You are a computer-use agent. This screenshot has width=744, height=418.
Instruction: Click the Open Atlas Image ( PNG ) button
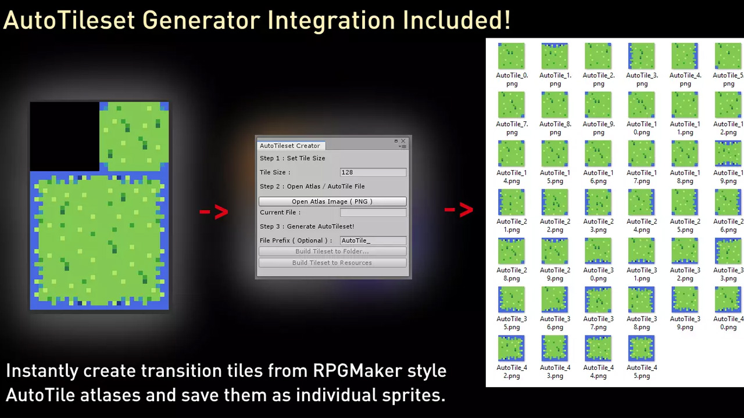pos(332,201)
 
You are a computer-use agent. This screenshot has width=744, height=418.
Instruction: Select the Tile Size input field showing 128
pos(373,172)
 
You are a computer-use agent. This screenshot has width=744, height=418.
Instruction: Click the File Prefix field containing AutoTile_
pos(373,240)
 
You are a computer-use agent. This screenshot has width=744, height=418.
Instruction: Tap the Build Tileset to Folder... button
pos(332,251)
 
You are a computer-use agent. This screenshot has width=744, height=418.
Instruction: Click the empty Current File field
pos(373,212)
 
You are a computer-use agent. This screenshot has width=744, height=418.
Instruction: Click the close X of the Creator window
pos(403,141)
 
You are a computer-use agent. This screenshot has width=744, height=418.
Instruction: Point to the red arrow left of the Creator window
pos(214,212)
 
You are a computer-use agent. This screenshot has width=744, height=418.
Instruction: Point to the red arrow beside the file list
pos(459,210)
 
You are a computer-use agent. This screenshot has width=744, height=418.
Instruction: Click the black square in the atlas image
pos(65,136)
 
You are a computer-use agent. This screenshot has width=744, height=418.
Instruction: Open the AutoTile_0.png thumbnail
pos(511,56)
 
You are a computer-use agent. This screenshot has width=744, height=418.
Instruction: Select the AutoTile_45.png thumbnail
pos(641,348)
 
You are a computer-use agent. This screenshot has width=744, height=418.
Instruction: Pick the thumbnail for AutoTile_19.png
pos(728,153)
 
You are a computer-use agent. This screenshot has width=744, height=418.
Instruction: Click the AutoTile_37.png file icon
pos(598,299)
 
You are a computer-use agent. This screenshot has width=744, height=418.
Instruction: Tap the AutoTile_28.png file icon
pos(511,250)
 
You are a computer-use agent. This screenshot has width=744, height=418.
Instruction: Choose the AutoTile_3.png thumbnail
pos(641,56)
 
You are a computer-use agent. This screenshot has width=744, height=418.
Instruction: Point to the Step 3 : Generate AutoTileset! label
pos(307,226)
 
